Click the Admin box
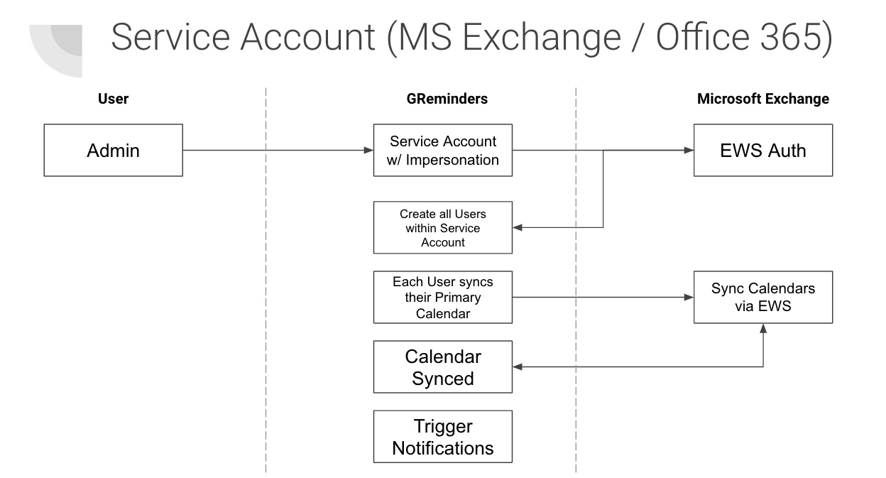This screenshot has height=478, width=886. coord(113,151)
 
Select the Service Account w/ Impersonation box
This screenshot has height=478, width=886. coord(443,151)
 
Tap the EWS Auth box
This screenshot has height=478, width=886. coord(762,151)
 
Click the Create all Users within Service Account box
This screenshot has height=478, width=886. coord(443,227)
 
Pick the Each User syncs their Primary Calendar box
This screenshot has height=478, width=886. coord(443,297)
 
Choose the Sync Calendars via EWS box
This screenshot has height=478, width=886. coord(762,297)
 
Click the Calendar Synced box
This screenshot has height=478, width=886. coord(443,367)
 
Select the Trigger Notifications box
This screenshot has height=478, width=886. coord(443,437)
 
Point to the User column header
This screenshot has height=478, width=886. coord(113,99)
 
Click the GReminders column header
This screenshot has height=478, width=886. coord(442,99)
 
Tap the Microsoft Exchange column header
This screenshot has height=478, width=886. coord(762,99)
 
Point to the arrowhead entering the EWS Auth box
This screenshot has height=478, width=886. coord(688,151)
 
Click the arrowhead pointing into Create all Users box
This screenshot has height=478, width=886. coord(518,227)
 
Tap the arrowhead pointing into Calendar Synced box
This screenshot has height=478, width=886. coord(518,367)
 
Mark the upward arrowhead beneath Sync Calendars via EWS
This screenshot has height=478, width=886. coord(763,329)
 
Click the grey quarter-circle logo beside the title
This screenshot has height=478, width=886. coord(60,50)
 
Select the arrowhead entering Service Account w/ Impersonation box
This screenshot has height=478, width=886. coord(368,151)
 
